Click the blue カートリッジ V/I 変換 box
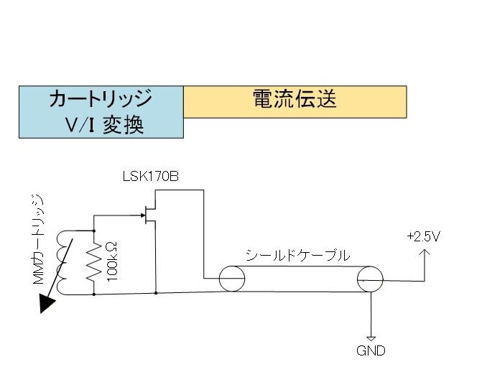pos(101,112)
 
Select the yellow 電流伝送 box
pos(295,101)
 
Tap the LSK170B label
pos(150,177)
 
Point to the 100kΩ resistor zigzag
pos(94,262)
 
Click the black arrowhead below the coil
pos(47,304)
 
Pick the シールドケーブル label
pos(297,255)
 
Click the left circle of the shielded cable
pos(236,278)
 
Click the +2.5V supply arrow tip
pos(425,250)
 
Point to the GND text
pos(371,351)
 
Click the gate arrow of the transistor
pos(141,214)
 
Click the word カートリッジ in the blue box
pos(101,98)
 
